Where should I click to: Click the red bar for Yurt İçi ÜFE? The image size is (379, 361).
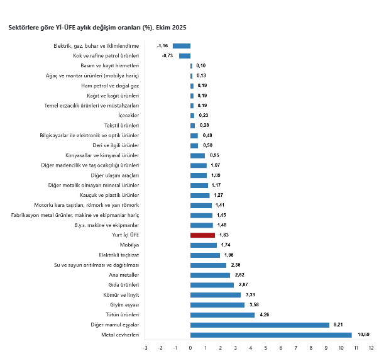click(x=202, y=235)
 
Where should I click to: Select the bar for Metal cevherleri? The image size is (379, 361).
click(x=270, y=335)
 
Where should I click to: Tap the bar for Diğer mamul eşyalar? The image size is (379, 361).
click(x=260, y=325)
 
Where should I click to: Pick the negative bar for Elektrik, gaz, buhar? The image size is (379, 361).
click(x=182, y=45)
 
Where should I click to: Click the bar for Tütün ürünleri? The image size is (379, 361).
click(x=222, y=314)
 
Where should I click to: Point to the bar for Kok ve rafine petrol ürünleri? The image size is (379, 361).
click(x=185, y=55)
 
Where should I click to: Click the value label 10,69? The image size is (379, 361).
click(x=363, y=335)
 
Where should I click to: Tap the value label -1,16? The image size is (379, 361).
click(x=162, y=45)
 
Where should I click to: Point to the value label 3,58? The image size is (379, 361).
click(x=255, y=304)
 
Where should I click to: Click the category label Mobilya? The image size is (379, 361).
click(x=129, y=245)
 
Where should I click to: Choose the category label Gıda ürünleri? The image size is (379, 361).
click(x=123, y=285)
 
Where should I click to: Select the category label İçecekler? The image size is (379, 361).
click(x=128, y=115)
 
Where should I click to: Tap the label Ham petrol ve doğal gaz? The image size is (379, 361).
click(x=111, y=86)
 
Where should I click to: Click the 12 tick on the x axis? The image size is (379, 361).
click(x=371, y=347)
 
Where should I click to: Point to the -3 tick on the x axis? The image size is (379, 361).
click(x=145, y=347)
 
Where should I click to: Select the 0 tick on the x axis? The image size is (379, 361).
click(x=190, y=347)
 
